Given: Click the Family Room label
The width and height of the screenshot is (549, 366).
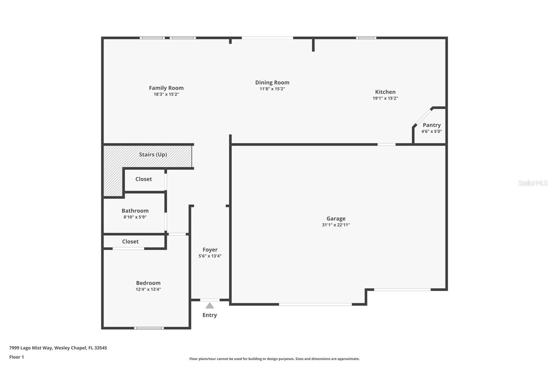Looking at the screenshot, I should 166,88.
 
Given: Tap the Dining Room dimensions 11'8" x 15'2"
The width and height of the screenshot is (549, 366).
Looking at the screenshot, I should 272,89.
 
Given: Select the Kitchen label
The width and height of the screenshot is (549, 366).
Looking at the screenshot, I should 385,92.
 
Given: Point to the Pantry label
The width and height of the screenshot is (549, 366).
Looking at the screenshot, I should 431,125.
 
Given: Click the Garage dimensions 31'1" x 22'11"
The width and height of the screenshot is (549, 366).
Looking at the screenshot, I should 336,225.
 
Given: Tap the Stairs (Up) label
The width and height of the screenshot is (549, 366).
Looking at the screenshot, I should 153,155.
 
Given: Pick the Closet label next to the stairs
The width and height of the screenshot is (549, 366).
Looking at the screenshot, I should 143,179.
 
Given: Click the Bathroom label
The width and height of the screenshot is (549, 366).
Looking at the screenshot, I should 135,211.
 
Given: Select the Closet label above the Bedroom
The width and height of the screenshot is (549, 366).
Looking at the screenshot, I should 130,241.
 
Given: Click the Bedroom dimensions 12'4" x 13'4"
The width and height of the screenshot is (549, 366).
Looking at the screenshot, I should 148,289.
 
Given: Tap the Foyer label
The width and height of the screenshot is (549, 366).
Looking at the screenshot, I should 210,250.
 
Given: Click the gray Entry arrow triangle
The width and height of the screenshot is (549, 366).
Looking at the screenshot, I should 210,306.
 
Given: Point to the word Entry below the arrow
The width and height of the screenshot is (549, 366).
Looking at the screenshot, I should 210,315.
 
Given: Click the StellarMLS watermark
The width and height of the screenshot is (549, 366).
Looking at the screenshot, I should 533,183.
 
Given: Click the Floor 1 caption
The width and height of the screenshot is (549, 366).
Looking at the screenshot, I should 16,357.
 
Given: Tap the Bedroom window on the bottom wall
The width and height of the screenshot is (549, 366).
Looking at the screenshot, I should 149,328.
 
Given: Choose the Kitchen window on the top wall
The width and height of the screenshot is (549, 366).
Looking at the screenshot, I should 366,38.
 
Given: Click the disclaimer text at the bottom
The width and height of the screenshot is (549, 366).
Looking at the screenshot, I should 274,359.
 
